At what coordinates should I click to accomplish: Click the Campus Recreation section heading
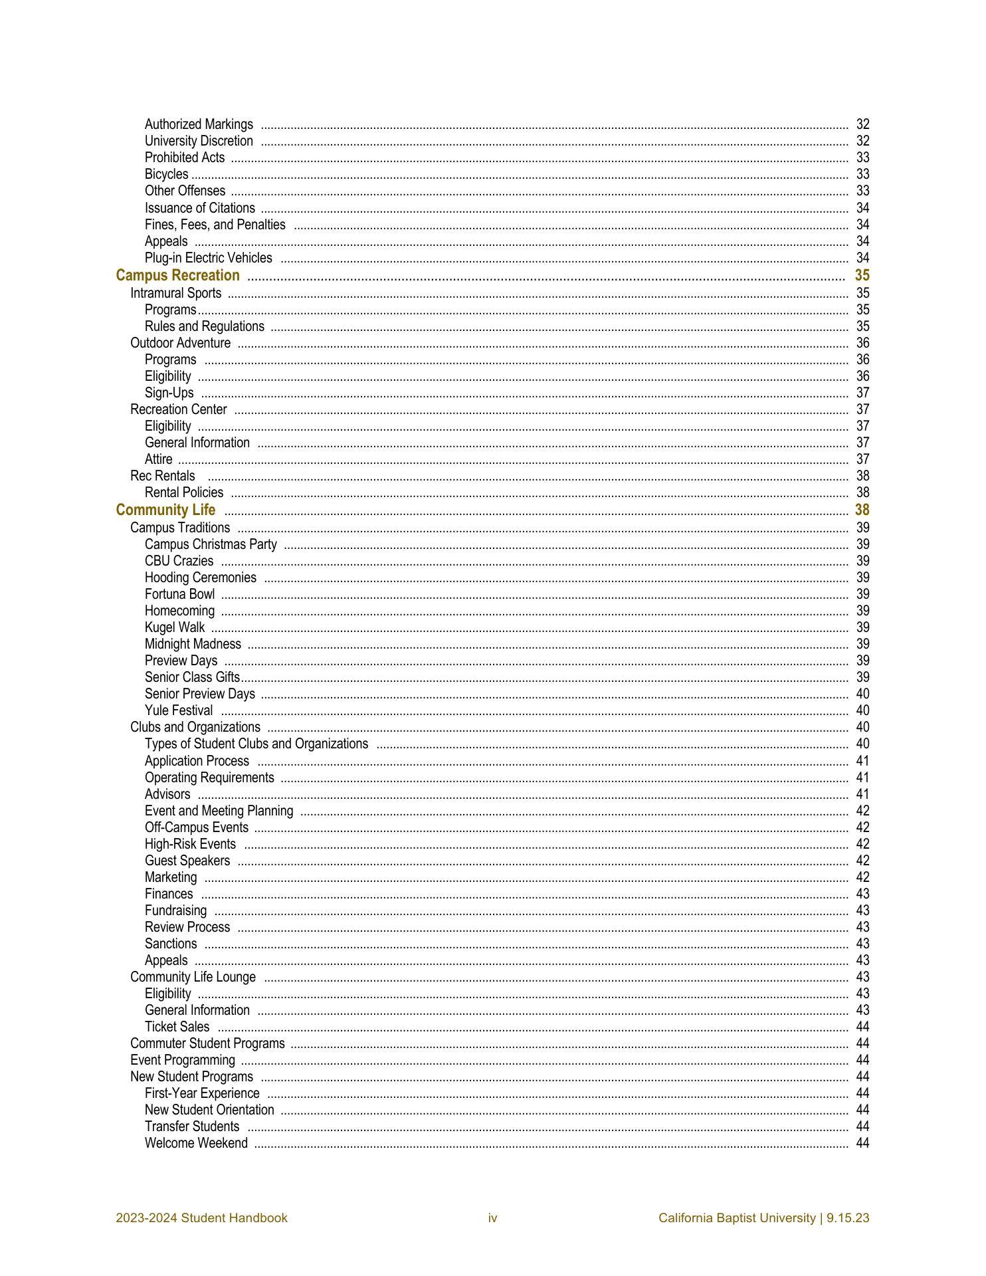coord(177,276)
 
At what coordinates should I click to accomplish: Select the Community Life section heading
coord(165,510)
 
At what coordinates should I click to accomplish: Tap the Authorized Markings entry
coord(199,124)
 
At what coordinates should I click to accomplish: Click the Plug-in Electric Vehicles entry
coord(208,258)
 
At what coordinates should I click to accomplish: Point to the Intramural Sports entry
coord(175,293)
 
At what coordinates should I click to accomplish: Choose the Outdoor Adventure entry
coord(180,343)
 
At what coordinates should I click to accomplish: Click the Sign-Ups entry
coord(169,393)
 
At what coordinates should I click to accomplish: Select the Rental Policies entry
coord(183,492)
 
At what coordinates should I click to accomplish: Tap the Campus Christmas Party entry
coord(210,544)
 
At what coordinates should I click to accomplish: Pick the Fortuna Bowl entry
coord(179,594)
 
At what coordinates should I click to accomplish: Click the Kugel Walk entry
coord(175,627)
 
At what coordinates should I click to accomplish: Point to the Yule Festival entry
coord(179,710)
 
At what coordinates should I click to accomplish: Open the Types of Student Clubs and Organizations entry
coord(256,744)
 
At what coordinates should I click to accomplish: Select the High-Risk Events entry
coord(190,844)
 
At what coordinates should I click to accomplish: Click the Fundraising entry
coord(175,910)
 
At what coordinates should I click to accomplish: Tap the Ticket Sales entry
coord(177,1027)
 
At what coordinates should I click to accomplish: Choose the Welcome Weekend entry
coord(196,1143)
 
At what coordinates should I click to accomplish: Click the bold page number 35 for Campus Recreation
coord(862,276)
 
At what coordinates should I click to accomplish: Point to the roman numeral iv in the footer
coord(492,1218)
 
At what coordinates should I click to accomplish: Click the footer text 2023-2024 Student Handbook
coord(201,1218)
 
